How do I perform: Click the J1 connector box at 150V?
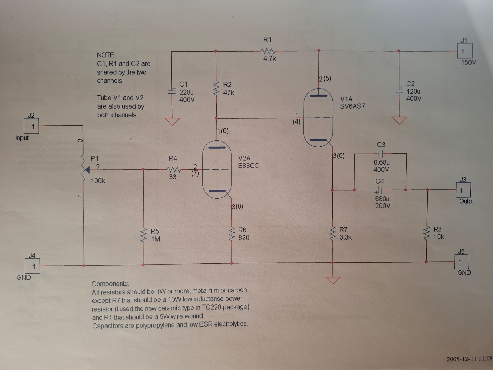click(465, 51)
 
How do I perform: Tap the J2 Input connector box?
click(31, 126)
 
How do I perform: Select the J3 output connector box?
click(463, 190)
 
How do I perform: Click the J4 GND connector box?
click(32, 266)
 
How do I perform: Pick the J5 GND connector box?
click(462, 262)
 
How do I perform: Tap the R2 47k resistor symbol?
click(216, 88)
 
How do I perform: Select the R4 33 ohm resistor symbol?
click(173, 169)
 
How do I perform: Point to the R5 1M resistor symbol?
click(144, 235)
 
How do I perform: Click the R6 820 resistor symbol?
click(232, 234)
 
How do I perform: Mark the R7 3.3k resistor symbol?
click(332, 234)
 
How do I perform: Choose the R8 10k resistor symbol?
click(427, 233)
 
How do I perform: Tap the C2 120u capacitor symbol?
click(399, 90)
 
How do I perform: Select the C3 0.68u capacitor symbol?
click(380, 153)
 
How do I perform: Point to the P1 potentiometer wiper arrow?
click(87, 170)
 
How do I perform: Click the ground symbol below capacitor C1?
click(172, 121)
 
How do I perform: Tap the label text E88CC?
click(249, 166)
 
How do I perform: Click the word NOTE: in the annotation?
click(106, 55)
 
